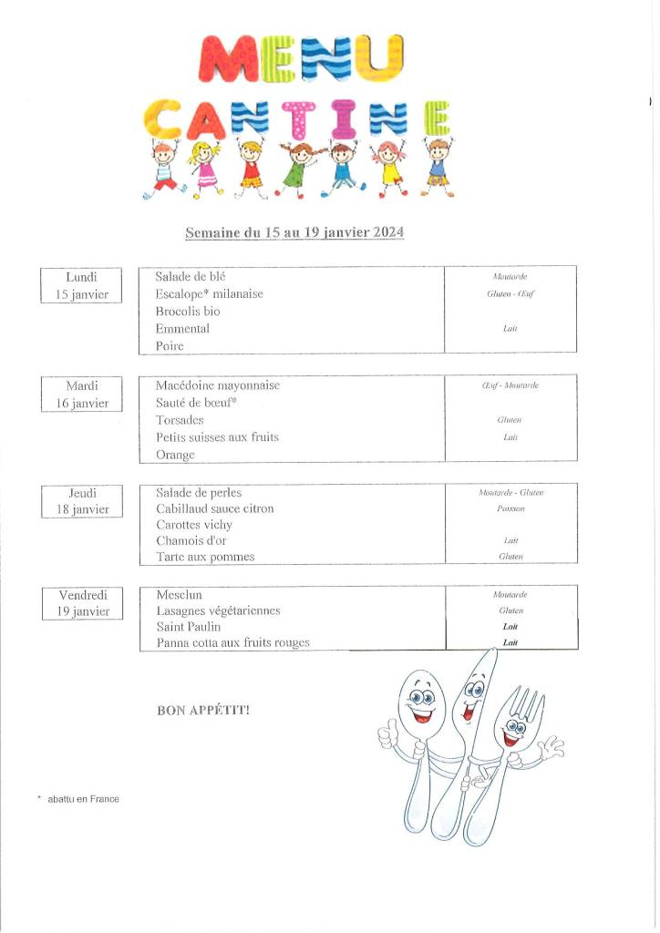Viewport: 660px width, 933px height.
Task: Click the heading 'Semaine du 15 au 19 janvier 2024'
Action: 294,233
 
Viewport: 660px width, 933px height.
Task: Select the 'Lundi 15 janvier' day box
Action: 82,285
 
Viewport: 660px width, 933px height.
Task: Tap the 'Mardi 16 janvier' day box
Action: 82,395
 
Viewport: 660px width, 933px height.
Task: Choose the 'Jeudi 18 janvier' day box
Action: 82,501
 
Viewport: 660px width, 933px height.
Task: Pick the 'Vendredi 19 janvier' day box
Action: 82,603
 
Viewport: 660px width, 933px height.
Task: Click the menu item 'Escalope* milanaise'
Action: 209,293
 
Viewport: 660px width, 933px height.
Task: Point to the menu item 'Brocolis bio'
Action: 187,311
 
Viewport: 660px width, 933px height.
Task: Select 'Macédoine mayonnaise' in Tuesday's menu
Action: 217,385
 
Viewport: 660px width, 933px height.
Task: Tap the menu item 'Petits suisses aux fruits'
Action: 217,437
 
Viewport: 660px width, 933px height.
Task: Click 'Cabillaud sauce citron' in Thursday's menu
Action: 214,508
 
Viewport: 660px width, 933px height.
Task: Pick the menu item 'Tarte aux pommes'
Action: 205,557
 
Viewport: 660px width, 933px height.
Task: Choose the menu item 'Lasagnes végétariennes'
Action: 218,610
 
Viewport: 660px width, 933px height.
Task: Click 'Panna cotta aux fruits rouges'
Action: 232,643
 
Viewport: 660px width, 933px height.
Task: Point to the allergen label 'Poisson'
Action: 510,509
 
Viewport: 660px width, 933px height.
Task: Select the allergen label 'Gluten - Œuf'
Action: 510,294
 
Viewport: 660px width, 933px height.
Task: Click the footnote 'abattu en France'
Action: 83,799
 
